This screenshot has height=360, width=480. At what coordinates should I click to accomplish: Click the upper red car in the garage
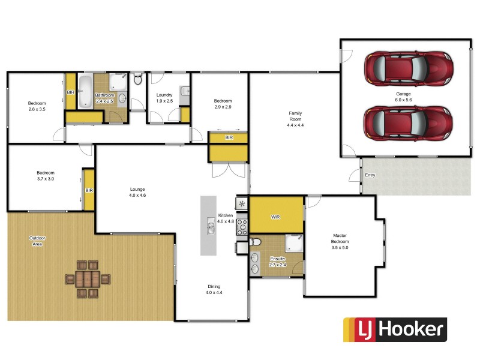(407, 67)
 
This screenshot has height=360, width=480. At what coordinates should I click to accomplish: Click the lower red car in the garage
(407, 122)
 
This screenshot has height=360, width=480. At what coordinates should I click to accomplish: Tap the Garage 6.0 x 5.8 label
(403, 97)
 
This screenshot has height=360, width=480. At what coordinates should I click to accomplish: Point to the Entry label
(370, 175)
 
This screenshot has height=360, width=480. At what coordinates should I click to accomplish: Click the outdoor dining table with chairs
(88, 279)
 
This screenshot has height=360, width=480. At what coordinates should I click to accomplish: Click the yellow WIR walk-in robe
(276, 217)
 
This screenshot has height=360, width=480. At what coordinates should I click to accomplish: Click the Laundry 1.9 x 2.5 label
(164, 98)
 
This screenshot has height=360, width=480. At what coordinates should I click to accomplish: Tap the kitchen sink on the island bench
(211, 227)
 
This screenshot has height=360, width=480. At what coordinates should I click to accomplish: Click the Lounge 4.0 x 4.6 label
(137, 192)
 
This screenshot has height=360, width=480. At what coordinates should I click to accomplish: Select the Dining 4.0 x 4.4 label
(214, 290)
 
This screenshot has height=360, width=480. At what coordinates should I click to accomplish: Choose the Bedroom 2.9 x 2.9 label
(223, 104)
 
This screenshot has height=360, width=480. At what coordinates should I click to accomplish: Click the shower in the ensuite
(293, 242)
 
